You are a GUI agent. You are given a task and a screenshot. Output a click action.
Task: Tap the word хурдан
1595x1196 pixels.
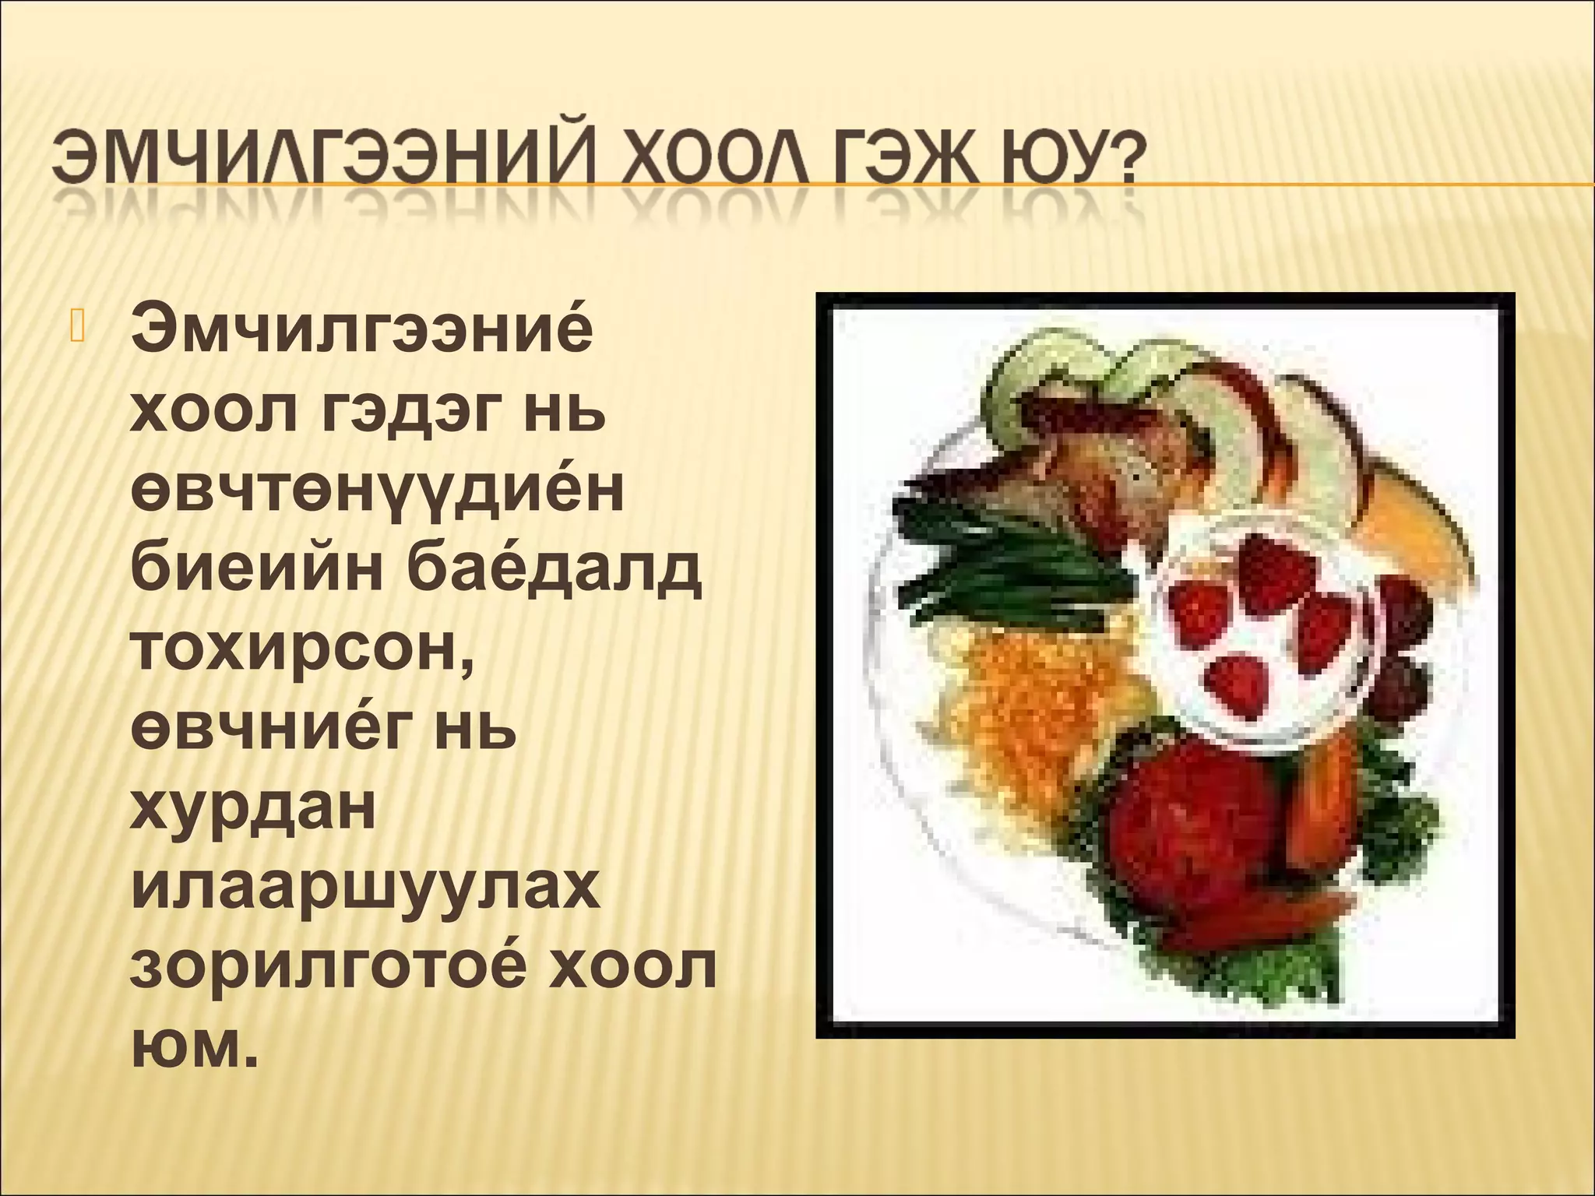coord(254,814)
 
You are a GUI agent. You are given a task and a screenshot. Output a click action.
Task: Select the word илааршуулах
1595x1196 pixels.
coord(366,892)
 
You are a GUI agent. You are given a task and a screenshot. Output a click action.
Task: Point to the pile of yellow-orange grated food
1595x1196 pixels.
coord(1036,701)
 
